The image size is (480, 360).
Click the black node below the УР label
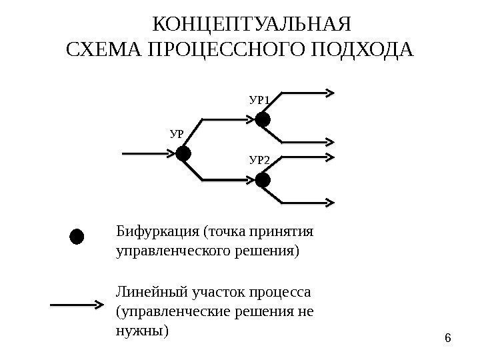183,154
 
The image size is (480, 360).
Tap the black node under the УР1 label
263,119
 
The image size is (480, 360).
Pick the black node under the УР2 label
263,180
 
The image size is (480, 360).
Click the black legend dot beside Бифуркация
77,237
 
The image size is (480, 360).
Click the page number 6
447,339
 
